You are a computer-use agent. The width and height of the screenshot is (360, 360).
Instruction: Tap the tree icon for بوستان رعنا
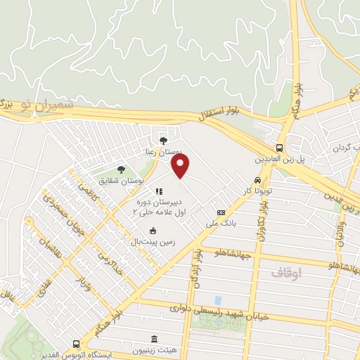point(164,141)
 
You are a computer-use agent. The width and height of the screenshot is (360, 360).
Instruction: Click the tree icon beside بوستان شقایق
point(121,169)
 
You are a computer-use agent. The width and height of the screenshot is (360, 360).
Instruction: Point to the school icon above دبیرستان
point(159,191)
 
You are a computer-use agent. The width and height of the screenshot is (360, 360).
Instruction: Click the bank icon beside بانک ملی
point(221,212)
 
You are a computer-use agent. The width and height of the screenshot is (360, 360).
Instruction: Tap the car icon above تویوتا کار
point(258,179)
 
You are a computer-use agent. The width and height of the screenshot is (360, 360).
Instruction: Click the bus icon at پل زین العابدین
point(280,148)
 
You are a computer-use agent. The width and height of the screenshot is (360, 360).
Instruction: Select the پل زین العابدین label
point(281,160)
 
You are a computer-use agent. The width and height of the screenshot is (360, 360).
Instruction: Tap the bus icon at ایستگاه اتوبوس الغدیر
point(76,344)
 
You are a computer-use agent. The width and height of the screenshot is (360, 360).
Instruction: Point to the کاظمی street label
point(89,189)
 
